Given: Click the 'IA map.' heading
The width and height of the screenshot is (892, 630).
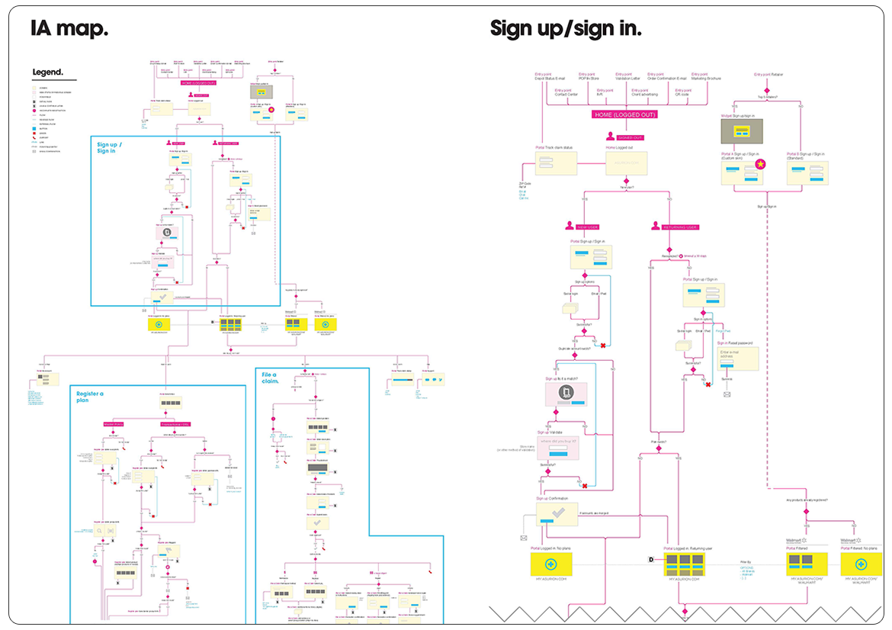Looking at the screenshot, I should (x=69, y=29).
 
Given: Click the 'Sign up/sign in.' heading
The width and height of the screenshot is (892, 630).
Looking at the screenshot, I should (x=565, y=29).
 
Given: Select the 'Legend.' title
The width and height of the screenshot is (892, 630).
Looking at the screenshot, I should (x=48, y=73).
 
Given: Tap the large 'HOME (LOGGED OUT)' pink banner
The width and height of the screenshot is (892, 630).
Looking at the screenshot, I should (x=624, y=114).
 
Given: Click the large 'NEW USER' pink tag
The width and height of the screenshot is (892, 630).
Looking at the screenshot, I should (x=588, y=227).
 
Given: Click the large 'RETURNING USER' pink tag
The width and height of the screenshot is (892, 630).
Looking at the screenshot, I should (x=681, y=227).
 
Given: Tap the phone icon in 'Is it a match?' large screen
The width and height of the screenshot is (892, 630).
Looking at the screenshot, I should (x=566, y=392).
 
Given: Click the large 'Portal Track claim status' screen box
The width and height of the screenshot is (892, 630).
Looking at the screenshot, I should (x=556, y=162).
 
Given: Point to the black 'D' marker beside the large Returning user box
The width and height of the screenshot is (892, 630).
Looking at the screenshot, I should (x=651, y=560).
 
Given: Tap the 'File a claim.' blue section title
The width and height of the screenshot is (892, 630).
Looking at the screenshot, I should (x=270, y=378).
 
